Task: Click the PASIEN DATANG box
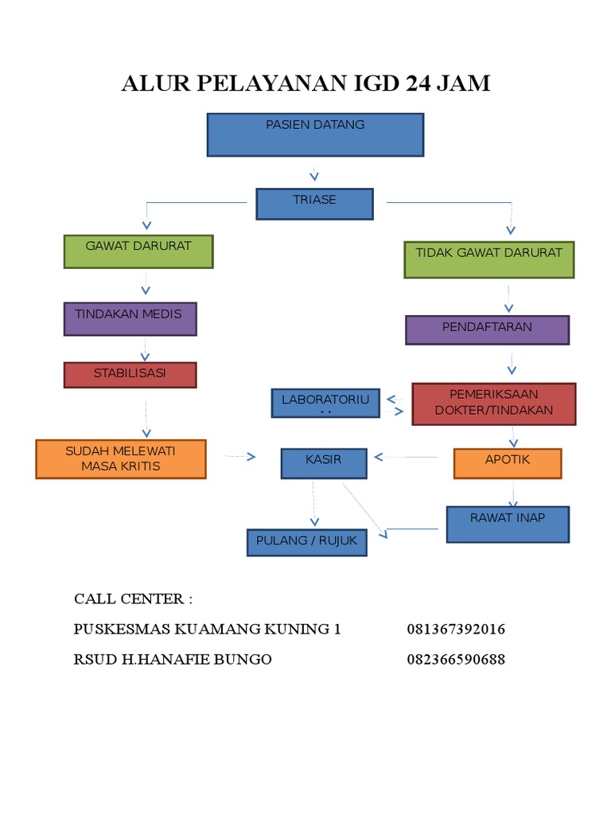tap(315, 135)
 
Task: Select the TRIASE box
tap(314, 204)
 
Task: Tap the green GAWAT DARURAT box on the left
tap(138, 252)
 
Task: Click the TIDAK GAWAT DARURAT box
tap(488, 259)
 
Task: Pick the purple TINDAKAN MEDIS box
tap(129, 318)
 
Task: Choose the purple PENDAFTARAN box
tap(487, 330)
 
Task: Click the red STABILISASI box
tap(130, 375)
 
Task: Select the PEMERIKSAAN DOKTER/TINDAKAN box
tap(493, 404)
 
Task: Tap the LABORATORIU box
tap(325, 404)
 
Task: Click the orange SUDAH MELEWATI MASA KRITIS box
tap(121, 459)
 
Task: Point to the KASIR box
tap(324, 464)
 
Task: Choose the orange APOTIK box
tap(508, 463)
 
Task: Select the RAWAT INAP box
tap(508, 524)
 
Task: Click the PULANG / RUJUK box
tap(306, 542)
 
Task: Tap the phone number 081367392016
tap(456, 630)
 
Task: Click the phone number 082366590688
tap(456, 660)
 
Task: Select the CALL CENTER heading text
tap(134, 599)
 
